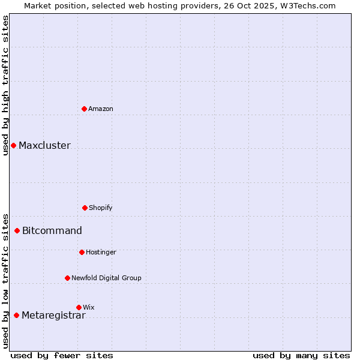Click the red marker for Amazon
click(x=85, y=109)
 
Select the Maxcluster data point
click(x=13, y=145)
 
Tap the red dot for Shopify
click(x=85, y=208)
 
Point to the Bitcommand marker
click(x=17, y=230)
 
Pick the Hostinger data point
click(x=82, y=252)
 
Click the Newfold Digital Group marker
click(x=67, y=278)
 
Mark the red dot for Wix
click(x=79, y=307)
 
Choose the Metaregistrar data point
click(x=16, y=315)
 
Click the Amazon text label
click(x=101, y=109)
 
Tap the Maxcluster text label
click(x=44, y=145)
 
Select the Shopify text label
click(x=101, y=208)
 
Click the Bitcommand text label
click(x=52, y=230)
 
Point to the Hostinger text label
click(x=101, y=252)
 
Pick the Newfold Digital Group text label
click(x=106, y=278)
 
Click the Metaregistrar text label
click(x=53, y=316)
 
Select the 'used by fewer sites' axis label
click(x=62, y=355)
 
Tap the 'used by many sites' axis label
click(x=301, y=355)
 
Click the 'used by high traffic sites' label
click(x=5, y=85)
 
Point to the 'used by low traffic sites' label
click(x=5, y=281)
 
